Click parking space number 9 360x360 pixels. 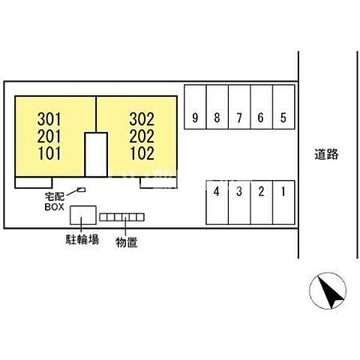195,106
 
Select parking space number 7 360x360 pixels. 239,106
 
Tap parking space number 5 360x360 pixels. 283,106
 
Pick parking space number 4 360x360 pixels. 217,202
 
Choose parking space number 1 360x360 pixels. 283,202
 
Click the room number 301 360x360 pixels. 49,119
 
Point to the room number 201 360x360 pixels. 49,136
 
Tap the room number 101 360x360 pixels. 49,153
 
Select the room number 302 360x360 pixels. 142,119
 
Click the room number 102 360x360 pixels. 142,153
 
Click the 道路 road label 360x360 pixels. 326,154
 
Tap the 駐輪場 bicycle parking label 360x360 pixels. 82,239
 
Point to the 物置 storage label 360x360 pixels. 127,242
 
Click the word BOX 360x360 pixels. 54,207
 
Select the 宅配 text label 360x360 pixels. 55,196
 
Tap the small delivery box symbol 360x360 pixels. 82,190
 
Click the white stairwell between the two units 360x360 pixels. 96,154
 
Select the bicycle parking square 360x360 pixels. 83,215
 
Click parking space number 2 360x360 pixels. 262,202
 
